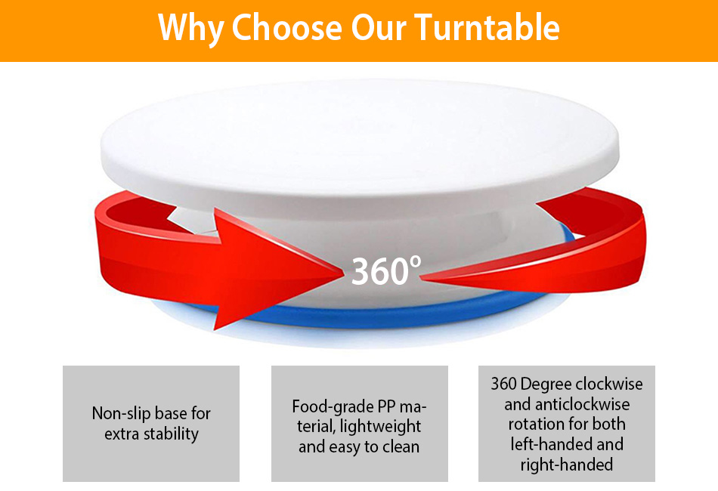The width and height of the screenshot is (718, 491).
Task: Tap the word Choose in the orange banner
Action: pos(287,27)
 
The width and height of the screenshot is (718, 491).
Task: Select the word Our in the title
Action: pos(378,28)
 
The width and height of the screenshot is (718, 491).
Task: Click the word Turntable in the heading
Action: pos(487,27)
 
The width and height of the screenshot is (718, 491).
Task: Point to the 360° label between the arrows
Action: pos(385,271)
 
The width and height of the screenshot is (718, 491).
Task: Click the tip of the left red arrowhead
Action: pos(344,273)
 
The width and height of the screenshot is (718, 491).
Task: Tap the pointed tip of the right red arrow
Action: pos(420,276)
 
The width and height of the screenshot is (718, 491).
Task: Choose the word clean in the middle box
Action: pos(401,446)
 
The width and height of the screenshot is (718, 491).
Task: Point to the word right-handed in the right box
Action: pos(567,465)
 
